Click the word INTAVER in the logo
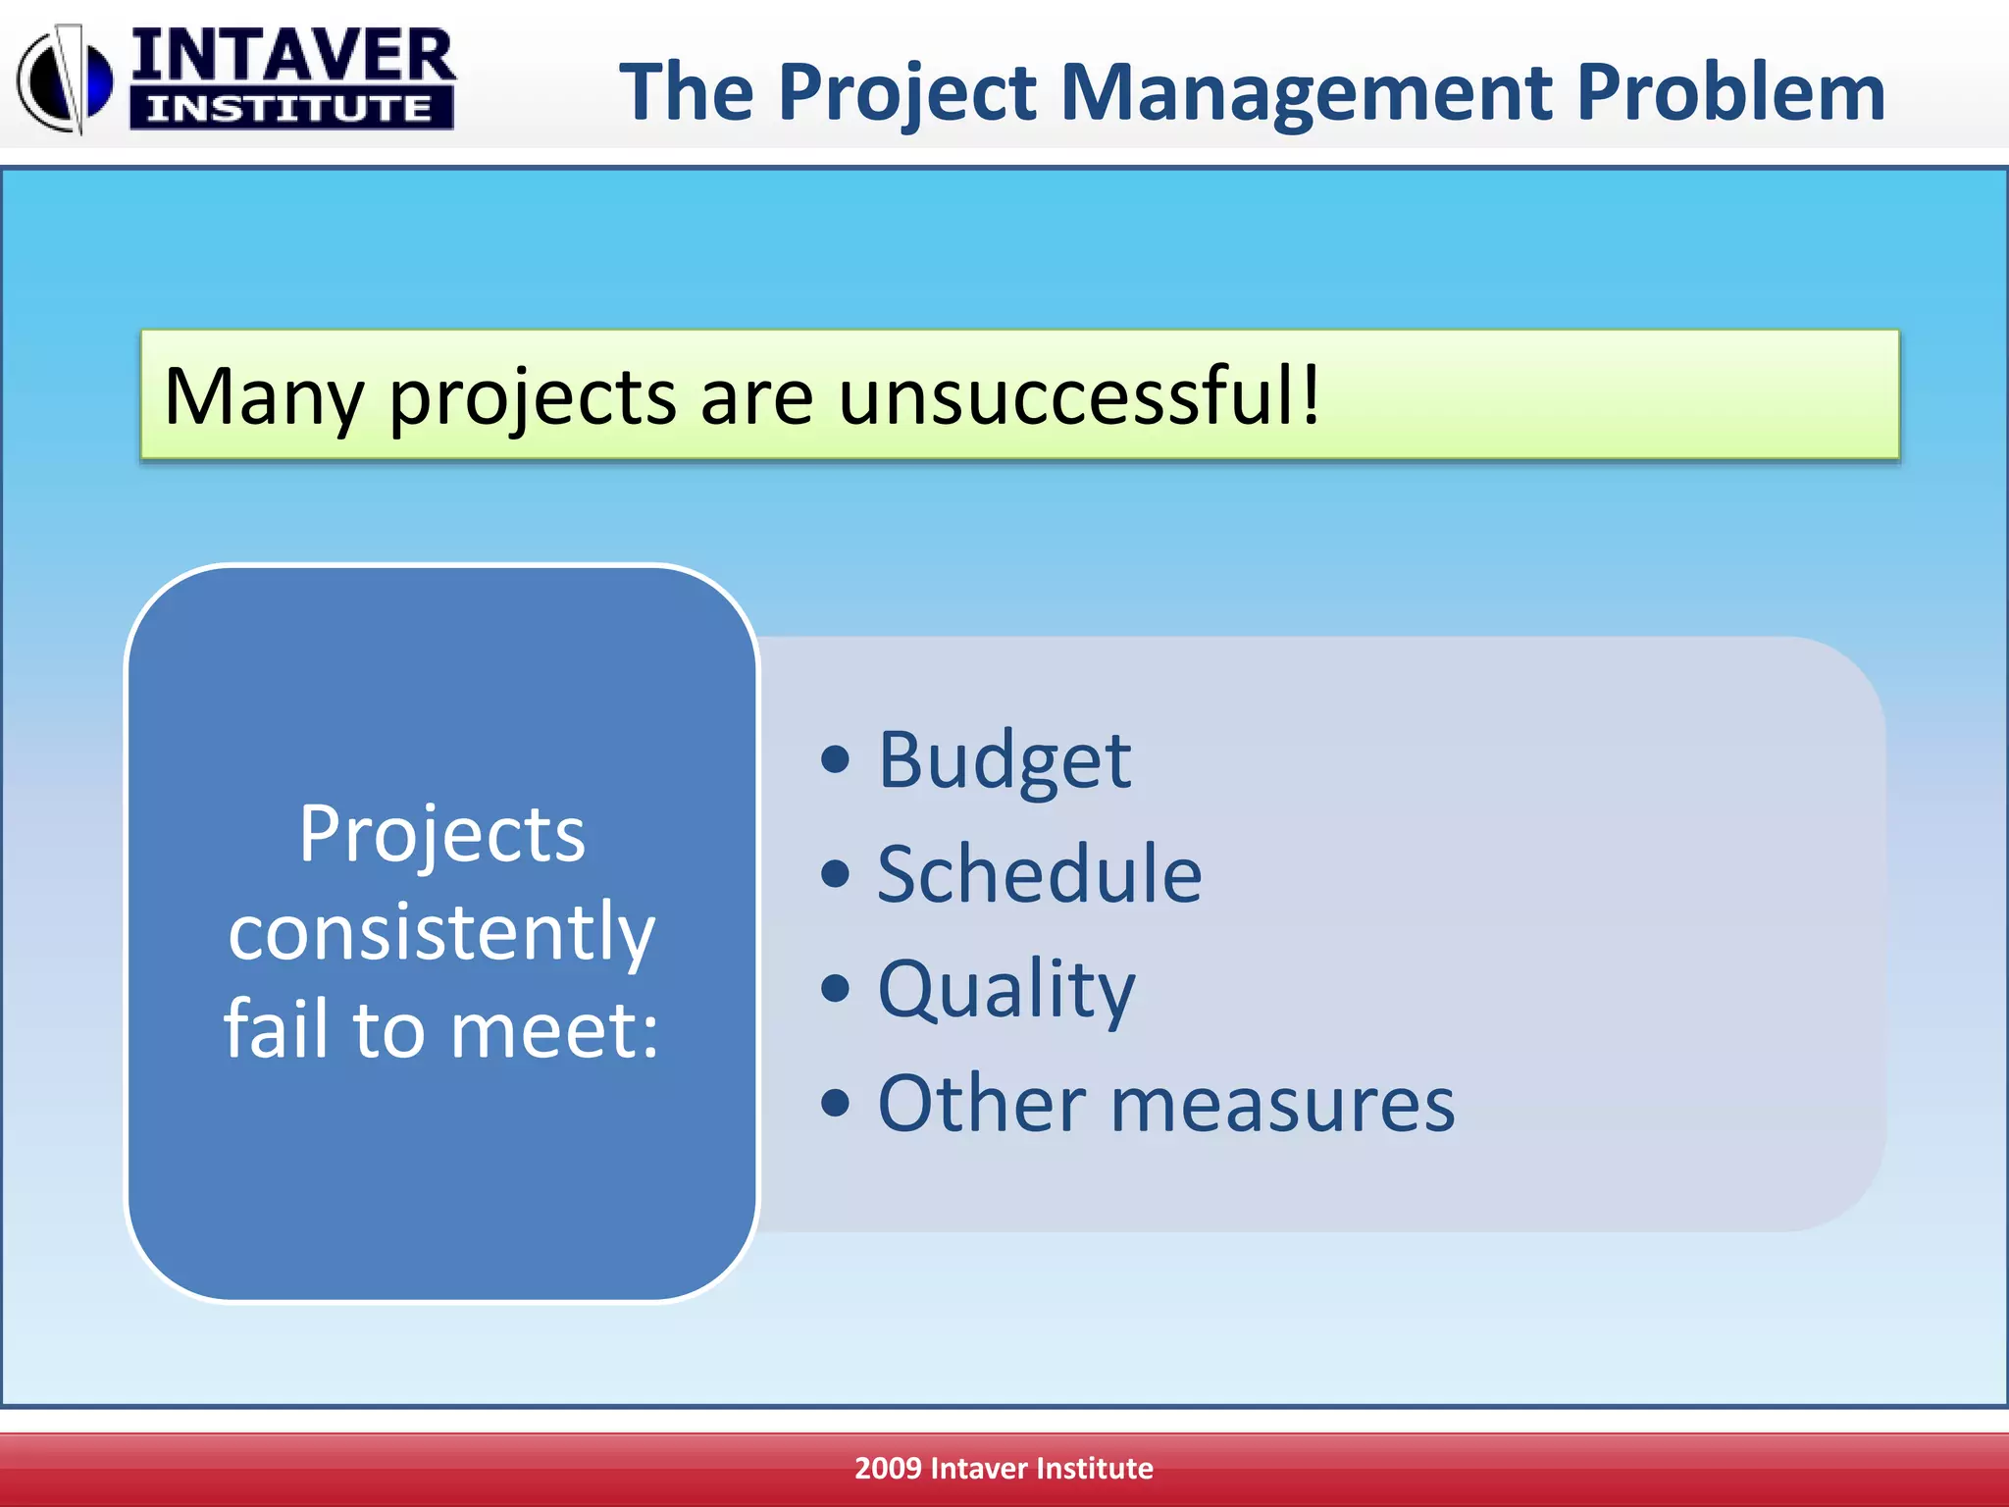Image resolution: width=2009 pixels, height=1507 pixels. tap(292, 56)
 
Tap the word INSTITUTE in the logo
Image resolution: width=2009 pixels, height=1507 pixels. tap(290, 109)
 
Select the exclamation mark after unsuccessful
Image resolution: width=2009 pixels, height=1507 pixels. tap(1310, 393)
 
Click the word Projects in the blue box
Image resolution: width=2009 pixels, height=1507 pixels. tap(441, 834)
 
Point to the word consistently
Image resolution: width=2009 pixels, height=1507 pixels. tap(441, 933)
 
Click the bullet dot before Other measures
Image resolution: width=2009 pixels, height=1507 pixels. tap(835, 1104)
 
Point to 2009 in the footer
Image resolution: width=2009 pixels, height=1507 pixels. tap(887, 1468)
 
